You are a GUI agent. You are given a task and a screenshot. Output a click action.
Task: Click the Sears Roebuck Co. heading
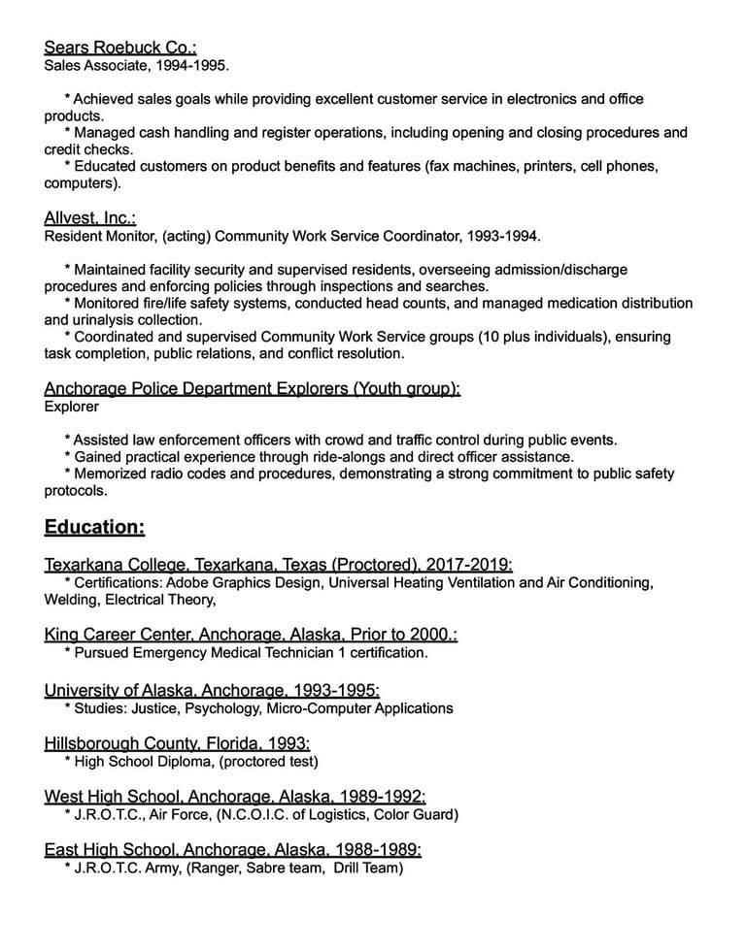(x=120, y=47)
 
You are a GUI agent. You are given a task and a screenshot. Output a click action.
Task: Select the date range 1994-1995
(x=193, y=66)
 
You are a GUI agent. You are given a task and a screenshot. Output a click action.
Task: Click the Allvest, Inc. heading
(x=90, y=217)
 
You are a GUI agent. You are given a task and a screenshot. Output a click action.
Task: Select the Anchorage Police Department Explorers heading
(x=252, y=388)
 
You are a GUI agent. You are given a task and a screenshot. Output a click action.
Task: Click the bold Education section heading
(x=94, y=527)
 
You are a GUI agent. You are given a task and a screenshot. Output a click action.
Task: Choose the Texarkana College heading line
(x=278, y=564)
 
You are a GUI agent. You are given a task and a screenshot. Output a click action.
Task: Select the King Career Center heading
(x=251, y=634)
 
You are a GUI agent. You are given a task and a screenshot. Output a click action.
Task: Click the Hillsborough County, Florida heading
(x=177, y=743)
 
